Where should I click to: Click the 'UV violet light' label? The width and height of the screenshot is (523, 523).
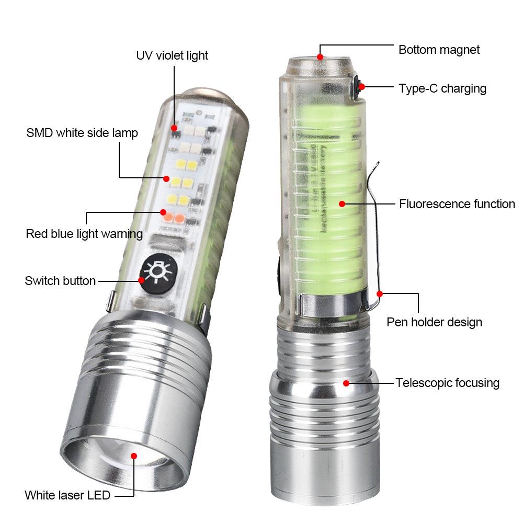click(172, 55)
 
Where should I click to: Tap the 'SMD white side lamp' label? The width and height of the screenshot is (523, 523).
click(82, 133)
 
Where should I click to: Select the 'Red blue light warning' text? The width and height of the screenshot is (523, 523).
click(84, 233)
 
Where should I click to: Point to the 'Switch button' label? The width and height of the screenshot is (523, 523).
click(60, 281)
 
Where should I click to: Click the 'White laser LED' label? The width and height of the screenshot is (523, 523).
click(67, 495)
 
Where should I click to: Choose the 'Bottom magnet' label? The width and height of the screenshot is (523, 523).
click(439, 50)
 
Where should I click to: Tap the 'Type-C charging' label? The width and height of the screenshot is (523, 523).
click(442, 88)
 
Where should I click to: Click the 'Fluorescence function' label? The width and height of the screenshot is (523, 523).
click(457, 204)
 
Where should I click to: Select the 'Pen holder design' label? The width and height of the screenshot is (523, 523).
click(434, 322)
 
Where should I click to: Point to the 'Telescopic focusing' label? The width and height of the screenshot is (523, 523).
click(447, 383)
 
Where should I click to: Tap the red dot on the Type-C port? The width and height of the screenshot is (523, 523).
click(361, 86)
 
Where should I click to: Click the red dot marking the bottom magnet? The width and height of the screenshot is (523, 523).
click(320, 56)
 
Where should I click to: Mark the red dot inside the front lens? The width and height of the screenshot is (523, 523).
click(134, 456)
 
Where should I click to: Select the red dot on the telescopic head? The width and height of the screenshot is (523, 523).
click(346, 383)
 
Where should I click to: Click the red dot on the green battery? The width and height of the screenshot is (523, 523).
click(341, 203)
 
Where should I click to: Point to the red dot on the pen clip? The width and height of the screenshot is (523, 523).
click(380, 294)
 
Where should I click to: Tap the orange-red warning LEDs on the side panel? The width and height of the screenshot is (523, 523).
click(174, 216)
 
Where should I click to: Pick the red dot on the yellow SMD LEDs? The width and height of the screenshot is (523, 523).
click(166, 178)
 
